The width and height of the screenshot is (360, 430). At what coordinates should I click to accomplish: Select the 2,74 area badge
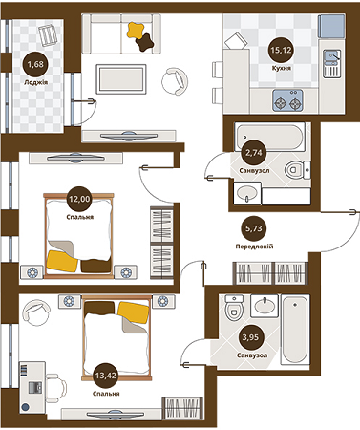pos(255,152)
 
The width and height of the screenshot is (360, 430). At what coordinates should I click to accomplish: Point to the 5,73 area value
pos(253,229)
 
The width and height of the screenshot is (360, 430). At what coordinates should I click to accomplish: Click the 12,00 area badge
pos(79,199)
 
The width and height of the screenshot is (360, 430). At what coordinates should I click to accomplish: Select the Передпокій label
pos(253,245)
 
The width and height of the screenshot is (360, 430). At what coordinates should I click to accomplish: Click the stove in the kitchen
pos(284,98)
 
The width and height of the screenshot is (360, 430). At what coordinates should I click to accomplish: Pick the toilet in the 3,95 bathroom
pos(233,310)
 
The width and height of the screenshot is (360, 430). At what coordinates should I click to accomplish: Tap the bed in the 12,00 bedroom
pos(79,231)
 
